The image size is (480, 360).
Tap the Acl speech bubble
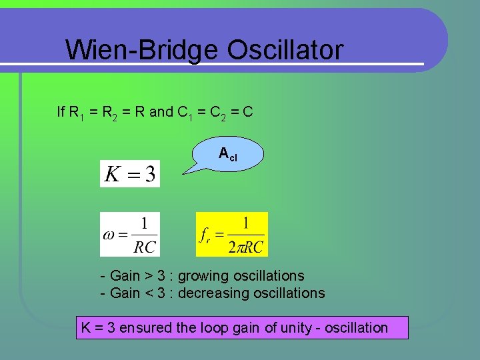pos(229,155)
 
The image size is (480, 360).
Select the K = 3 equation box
pos(130,174)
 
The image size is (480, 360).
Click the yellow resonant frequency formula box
pos(232,235)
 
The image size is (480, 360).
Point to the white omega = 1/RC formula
pos(130,235)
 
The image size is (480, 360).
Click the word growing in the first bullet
pos(201,276)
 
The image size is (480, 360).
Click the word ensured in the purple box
pos(142,327)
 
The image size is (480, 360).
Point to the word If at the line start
pos(61,111)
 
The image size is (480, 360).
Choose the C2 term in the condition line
pos(218,113)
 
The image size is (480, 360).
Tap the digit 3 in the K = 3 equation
pos(150,175)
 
